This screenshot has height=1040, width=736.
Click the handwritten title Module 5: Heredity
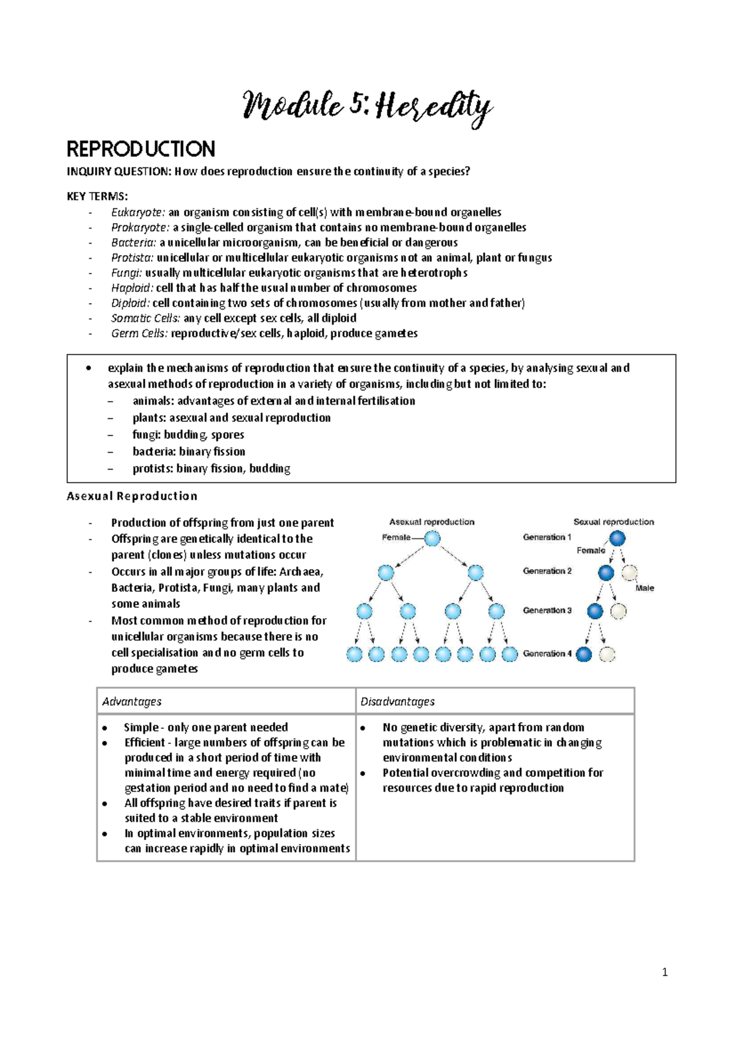367,107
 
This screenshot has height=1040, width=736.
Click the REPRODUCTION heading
140,149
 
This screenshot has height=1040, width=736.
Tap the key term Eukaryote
137,213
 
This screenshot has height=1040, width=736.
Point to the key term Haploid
132,288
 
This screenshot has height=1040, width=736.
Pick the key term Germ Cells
139,334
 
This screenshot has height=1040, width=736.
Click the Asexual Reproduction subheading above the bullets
132,496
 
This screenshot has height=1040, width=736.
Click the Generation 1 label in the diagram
546,537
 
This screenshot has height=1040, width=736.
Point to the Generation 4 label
546,654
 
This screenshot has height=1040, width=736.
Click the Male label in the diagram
645,588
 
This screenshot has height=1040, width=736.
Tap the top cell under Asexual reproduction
432,539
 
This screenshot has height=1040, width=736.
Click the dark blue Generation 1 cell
617,539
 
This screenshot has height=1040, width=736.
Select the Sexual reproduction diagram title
613,522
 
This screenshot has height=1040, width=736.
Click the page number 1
665,972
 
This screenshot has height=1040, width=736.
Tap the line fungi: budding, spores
188,435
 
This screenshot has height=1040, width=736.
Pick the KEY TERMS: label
97,196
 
